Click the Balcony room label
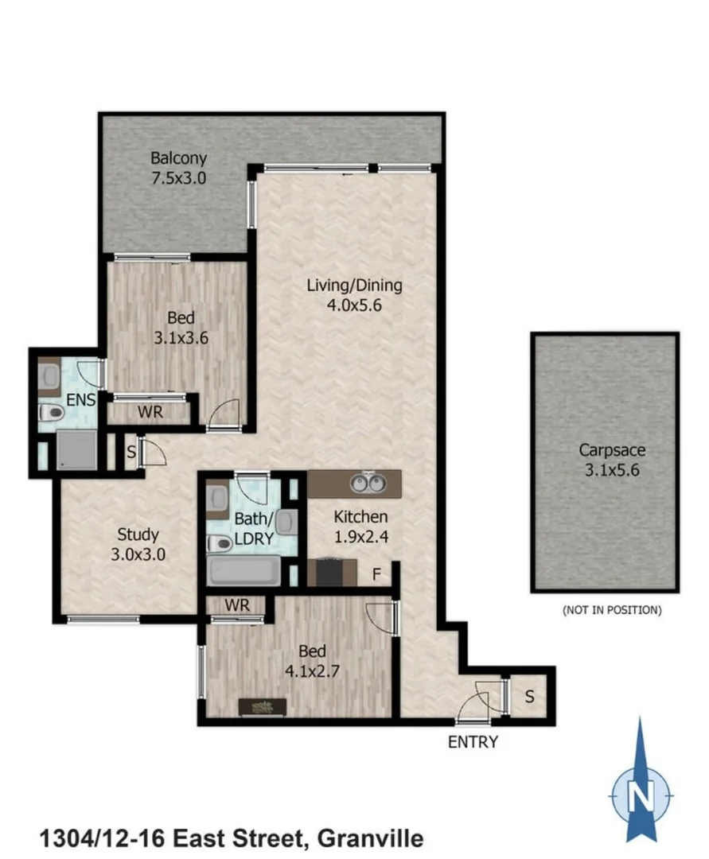point(179,157)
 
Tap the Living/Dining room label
point(355,285)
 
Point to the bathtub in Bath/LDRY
point(243,569)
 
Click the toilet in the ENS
point(52,413)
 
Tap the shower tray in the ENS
point(76,450)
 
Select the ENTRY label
point(473,742)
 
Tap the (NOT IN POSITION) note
point(611,611)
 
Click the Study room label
point(138,534)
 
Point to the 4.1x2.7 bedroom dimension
point(313,670)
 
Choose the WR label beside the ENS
point(150,413)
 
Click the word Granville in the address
point(370,838)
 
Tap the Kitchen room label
point(360,517)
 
